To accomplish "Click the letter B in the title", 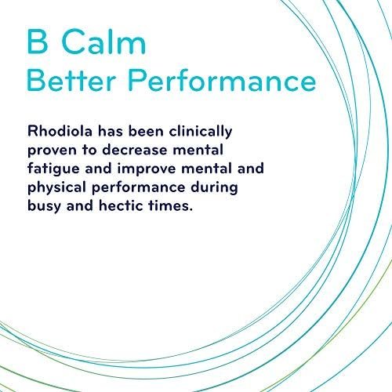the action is coord(38,42).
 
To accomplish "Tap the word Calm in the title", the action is coord(103,41).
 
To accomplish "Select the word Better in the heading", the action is coord(71,80).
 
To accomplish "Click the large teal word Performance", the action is coord(222,80).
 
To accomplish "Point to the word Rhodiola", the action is coord(60,131).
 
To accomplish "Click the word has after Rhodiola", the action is coord(111,131).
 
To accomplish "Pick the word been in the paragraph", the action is coord(146,131).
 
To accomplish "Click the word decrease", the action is coord(134,150).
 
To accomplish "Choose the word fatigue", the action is coord(53,169).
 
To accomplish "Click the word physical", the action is coord(56,188).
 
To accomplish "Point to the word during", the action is coord(214,188).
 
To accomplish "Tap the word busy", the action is coord(44,207).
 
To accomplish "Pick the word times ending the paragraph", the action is coord(170,205).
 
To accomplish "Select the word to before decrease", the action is coord(89,151).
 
